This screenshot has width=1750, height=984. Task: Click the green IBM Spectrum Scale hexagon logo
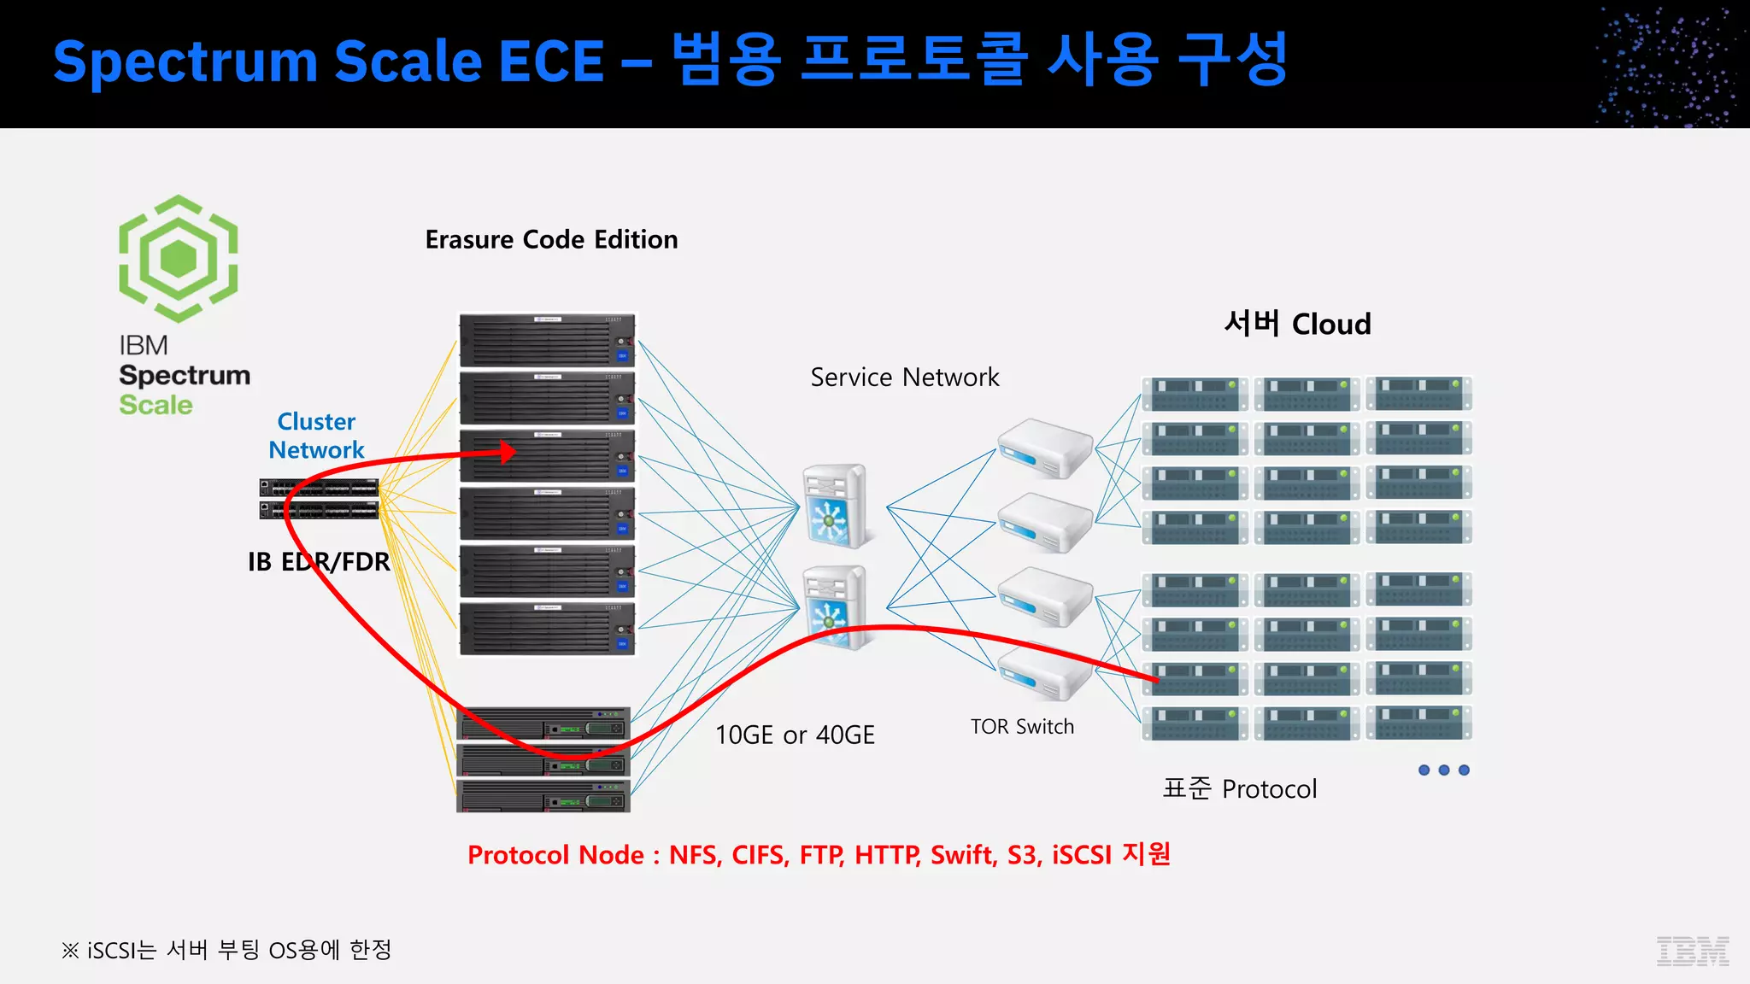pyautogui.click(x=178, y=258)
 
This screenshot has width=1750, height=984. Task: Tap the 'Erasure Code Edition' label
pyautogui.click(x=551, y=240)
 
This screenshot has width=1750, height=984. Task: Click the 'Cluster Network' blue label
pyautogui.click(x=316, y=436)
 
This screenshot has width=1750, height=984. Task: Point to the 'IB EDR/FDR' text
pyautogui.click(x=319, y=562)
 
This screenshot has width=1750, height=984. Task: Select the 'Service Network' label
pyautogui.click(x=904, y=378)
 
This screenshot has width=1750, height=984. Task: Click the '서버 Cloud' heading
pyautogui.click(x=1297, y=325)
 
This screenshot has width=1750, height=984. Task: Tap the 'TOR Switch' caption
pyautogui.click(x=1022, y=727)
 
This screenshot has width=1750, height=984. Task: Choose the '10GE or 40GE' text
pyautogui.click(x=795, y=735)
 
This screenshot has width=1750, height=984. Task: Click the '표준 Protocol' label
pyautogui.click(x=1239, y=788)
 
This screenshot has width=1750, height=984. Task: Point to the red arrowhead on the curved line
pyautogui.click(x=508, y=451)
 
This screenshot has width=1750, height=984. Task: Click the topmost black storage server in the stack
pyautogui.click(x=547, y=340)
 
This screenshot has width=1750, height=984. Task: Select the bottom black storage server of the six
pyautogui.click(x=547, y=629)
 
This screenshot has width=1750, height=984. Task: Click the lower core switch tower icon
pyautogui.click(x=835, y=606)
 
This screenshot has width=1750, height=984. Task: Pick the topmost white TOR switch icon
pyautogui.click(x=1044, y=448)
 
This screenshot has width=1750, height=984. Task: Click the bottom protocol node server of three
pyautogui.click(x=543, y=796)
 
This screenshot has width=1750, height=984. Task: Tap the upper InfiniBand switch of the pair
pyautogui.click(x=319, y=488)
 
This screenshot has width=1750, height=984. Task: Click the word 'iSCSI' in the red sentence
pyautogui.click(x=1081, y=855)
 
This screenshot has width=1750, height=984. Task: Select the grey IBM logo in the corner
pyautogui.click(x=1693, y=951)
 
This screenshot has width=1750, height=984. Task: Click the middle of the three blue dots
pyautogui.click(x=1444, y=770)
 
